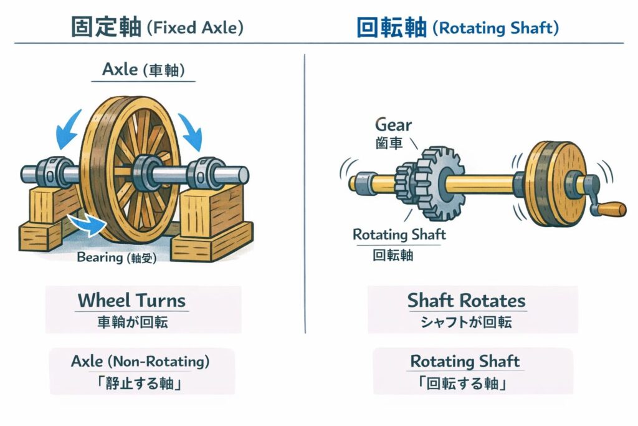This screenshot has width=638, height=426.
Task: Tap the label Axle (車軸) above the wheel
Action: click(143, 69)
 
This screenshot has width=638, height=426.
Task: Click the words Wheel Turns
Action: click(131, 301)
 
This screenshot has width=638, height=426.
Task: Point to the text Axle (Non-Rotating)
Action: click(140, 361)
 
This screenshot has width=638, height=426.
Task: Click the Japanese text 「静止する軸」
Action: click(140, 382)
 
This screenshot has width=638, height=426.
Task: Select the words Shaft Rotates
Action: click(466, 301)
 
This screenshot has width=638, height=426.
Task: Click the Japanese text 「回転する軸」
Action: click(465, 382)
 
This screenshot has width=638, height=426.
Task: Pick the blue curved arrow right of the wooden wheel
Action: click(193, 129)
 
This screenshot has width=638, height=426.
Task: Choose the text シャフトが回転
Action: click(466, 322)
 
